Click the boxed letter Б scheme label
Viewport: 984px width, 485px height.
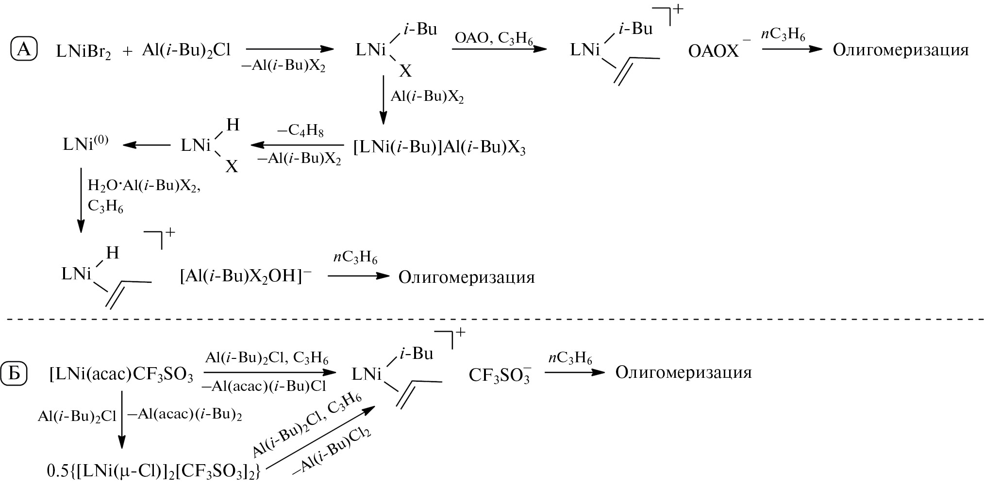click(15, 374)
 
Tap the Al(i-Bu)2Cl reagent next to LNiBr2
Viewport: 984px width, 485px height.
click(186, 50)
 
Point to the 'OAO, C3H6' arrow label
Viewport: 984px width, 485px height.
click(493, 38)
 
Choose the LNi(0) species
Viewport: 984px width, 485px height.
click(85, 144)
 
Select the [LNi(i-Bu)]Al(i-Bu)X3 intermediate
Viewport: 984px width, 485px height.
click(439, 147)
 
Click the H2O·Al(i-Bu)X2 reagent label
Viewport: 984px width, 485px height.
click(144, 186)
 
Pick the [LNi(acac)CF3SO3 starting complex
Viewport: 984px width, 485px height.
click(121, 375)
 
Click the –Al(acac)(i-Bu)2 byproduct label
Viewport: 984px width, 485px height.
click(184, 415)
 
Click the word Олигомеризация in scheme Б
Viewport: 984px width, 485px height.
click(683, 372)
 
